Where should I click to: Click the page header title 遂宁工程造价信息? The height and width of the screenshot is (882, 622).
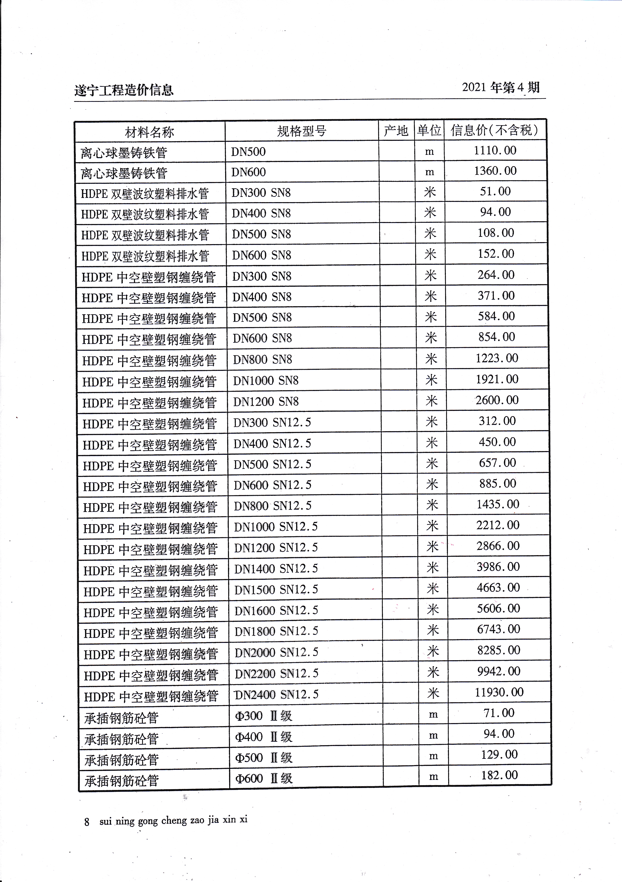[x=124, y=90]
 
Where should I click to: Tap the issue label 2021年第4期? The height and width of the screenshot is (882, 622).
[x=500, y=87]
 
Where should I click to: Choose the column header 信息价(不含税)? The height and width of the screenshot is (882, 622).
[x=494, y=130]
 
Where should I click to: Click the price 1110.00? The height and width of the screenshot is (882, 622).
[x=495, y=151]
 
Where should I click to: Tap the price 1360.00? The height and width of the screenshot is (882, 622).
[x=495, y=171]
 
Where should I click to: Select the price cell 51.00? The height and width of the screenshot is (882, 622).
[x=495, y=192]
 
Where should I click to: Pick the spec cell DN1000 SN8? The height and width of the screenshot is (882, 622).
[x=266, y=381]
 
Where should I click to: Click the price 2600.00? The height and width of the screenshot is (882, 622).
[x=497, y=400]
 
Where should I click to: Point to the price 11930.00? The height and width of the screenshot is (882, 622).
[x=499, y=692]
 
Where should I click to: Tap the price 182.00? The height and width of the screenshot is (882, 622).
[x=499, y=775]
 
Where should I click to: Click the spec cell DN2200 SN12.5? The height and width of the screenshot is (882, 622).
[x=276, y=673]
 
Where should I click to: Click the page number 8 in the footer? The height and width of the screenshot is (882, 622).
[x=87, y=822]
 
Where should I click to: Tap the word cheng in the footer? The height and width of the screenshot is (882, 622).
[x=174, y=821]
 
